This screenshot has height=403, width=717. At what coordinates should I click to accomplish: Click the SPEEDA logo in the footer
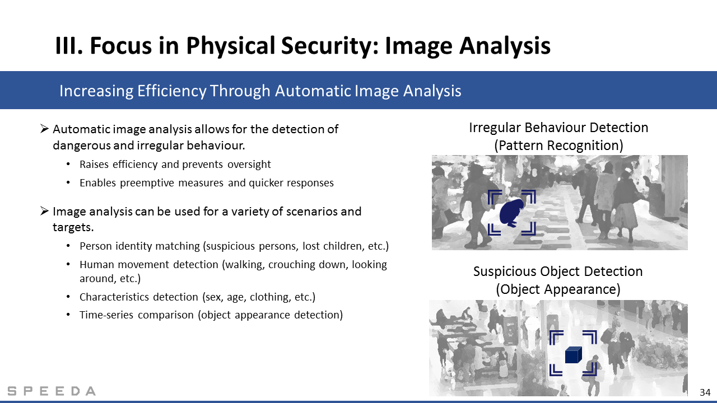[52, 391]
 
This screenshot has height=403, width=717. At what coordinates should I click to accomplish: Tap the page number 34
[705, 392]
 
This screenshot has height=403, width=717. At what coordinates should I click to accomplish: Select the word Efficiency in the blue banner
[172, 91]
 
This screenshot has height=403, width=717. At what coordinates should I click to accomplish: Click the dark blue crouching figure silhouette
[511, 213]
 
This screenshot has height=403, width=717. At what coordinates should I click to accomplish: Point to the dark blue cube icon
[573, 355]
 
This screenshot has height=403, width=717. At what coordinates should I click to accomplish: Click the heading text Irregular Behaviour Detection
[558, 128]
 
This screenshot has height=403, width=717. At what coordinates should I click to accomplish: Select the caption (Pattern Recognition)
[558, 146]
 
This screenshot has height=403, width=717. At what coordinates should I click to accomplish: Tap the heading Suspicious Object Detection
[558, 271]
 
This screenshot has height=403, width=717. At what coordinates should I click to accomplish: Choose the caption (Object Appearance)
[558, 289]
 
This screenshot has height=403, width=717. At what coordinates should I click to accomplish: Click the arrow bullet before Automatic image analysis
[44, 129]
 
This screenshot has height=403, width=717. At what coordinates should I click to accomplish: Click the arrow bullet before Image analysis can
[44, 211]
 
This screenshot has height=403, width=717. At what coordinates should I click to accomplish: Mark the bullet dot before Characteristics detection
[68, 297]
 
